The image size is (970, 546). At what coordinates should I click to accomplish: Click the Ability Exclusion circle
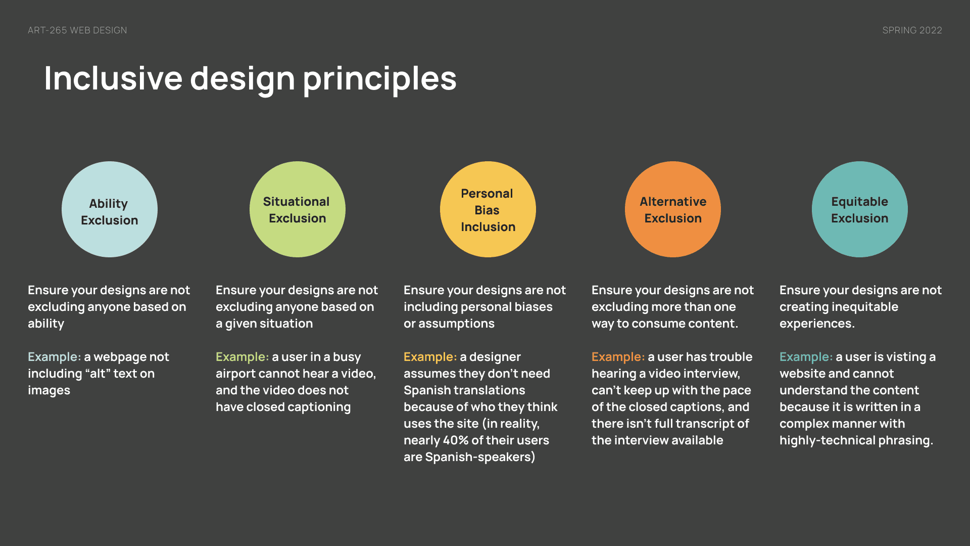click(x=110, y=209)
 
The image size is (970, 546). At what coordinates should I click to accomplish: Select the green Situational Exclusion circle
click(x=298, y=209)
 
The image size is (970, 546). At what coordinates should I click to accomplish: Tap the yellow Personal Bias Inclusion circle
click(x=488, y=209)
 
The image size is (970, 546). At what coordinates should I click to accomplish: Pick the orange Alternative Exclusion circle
click(x=673, y=209)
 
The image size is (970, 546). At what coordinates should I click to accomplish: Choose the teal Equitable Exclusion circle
click(x=860, y=209)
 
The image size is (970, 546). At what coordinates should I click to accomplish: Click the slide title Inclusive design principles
click(x=250, y=79)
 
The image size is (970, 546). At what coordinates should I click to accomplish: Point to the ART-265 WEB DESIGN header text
click(x=77, y=30)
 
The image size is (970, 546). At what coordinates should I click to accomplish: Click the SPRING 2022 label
click(x=912, y=30)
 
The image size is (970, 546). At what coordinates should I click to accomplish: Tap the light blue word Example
click(x=55, y=357)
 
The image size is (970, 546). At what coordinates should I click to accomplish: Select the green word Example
click(x=243, y=357)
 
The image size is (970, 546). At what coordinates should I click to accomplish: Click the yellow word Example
click(x=430, y=357)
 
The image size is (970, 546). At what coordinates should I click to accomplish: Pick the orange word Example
click(x=618, y=357)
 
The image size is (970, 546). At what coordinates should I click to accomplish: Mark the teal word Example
click(x=806, y=357)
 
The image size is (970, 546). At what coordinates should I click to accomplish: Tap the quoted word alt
click(x=98, y=374)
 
